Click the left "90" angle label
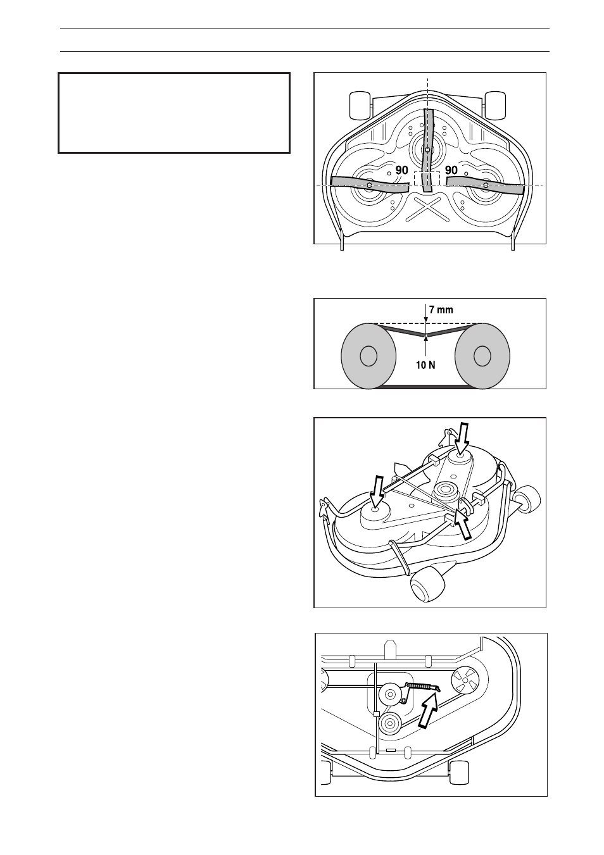coord(402,171)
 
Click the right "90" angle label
coord(451,171)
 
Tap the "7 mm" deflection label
coord(441,310)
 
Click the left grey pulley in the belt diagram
coord(368,356)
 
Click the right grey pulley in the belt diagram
coord(482,356)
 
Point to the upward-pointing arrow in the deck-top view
coord(465,526)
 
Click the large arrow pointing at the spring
coord(431,712)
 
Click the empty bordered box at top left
coord(174,113)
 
